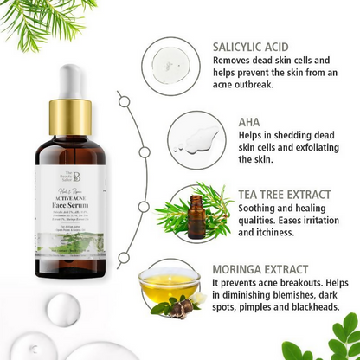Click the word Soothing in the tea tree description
pos(236,210)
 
